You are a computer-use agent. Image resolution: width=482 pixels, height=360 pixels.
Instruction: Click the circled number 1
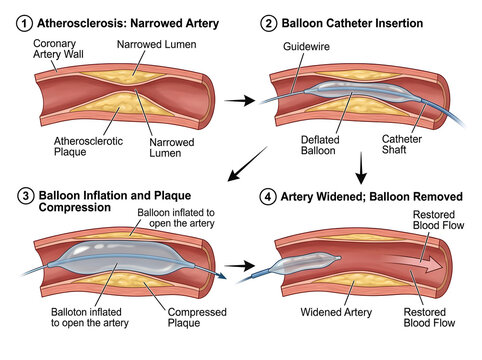24,24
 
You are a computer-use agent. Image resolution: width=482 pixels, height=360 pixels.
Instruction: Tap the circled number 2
268,24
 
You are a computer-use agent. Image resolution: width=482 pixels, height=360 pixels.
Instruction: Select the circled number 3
25,196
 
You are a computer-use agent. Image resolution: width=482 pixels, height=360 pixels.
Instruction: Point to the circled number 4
268,197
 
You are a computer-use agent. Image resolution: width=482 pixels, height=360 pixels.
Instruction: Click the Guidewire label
306,46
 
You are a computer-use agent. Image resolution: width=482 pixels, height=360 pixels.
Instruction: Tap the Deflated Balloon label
320,145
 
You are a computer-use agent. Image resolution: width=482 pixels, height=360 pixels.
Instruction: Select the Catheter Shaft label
402,144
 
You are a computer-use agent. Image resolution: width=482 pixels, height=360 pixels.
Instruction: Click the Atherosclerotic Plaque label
88,146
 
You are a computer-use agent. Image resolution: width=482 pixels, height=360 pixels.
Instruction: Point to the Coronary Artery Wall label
58,49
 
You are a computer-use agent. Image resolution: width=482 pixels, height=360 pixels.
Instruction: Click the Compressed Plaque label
197,317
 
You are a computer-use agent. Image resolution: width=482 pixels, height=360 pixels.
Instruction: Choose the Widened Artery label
336,312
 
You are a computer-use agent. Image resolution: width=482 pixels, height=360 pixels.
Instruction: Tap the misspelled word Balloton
69,312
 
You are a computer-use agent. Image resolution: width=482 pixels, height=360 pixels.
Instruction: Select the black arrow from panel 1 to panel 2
240,100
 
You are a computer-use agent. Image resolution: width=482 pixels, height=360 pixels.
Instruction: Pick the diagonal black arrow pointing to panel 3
247,164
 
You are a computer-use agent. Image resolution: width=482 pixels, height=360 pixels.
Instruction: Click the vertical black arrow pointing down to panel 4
361,168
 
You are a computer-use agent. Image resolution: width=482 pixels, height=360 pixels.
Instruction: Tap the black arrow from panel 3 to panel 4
240,266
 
